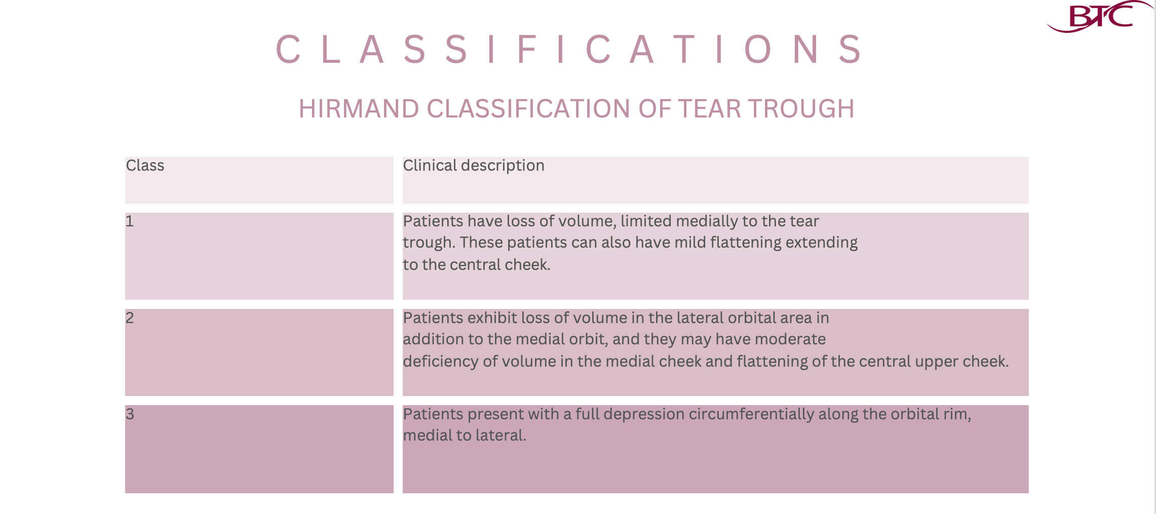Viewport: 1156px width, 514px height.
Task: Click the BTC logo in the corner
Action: click(1099, 16)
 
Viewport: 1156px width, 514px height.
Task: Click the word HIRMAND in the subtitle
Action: click(359, 109)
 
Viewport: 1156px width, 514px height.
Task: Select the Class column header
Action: click(145, 166)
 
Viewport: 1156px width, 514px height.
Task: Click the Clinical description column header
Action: click(474, 166)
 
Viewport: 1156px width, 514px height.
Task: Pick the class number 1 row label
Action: click(130, 221)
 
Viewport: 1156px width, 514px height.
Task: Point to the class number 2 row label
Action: click(130, 318)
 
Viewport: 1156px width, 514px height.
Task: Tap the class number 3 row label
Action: click(130, 414)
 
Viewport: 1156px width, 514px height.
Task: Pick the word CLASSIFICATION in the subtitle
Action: click(528, 109)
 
